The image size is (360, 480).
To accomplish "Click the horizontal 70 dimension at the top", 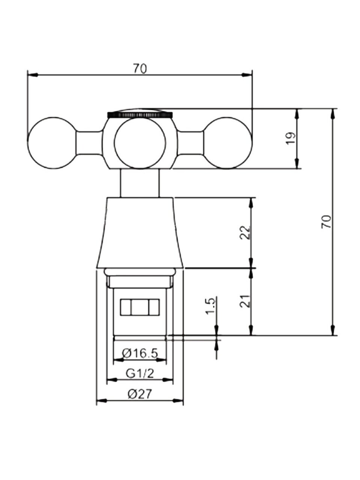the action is [140, 69].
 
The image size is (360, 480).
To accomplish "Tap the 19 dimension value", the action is [291, 138].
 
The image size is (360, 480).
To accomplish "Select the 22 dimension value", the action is [245, 232].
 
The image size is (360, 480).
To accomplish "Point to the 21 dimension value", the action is [245, 301].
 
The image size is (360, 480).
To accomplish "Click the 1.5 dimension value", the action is [211, 305].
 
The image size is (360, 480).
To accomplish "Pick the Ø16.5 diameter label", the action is [139, 359].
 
